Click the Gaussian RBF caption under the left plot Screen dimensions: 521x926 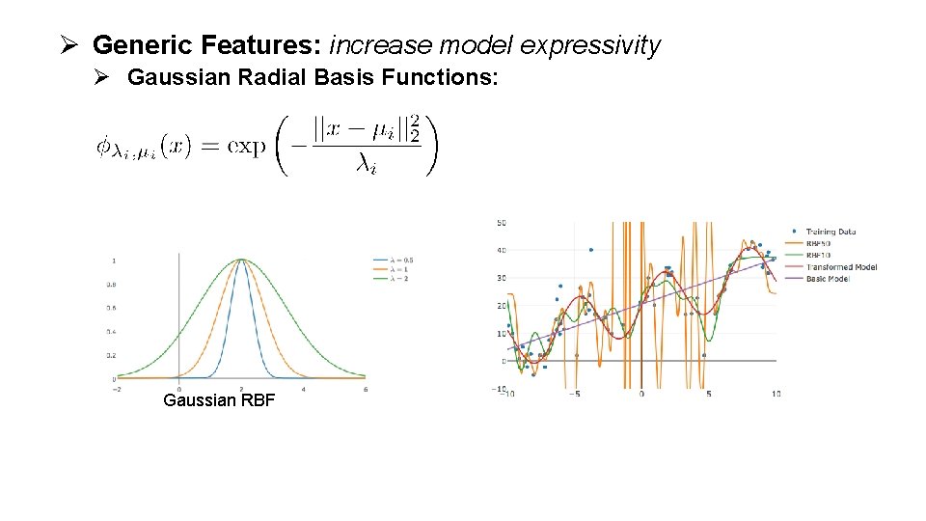coord(219,399)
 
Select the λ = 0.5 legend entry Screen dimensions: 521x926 coord(395,260)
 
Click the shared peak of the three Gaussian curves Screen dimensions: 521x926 coord(241,260)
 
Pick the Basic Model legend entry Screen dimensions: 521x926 coord(827,279)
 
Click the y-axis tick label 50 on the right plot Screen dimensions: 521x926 coord(501,223)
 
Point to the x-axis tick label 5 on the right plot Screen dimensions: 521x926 coord(709,394)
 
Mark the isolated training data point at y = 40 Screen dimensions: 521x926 coord(590,250)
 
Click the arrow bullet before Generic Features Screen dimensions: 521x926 coord(68,44)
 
